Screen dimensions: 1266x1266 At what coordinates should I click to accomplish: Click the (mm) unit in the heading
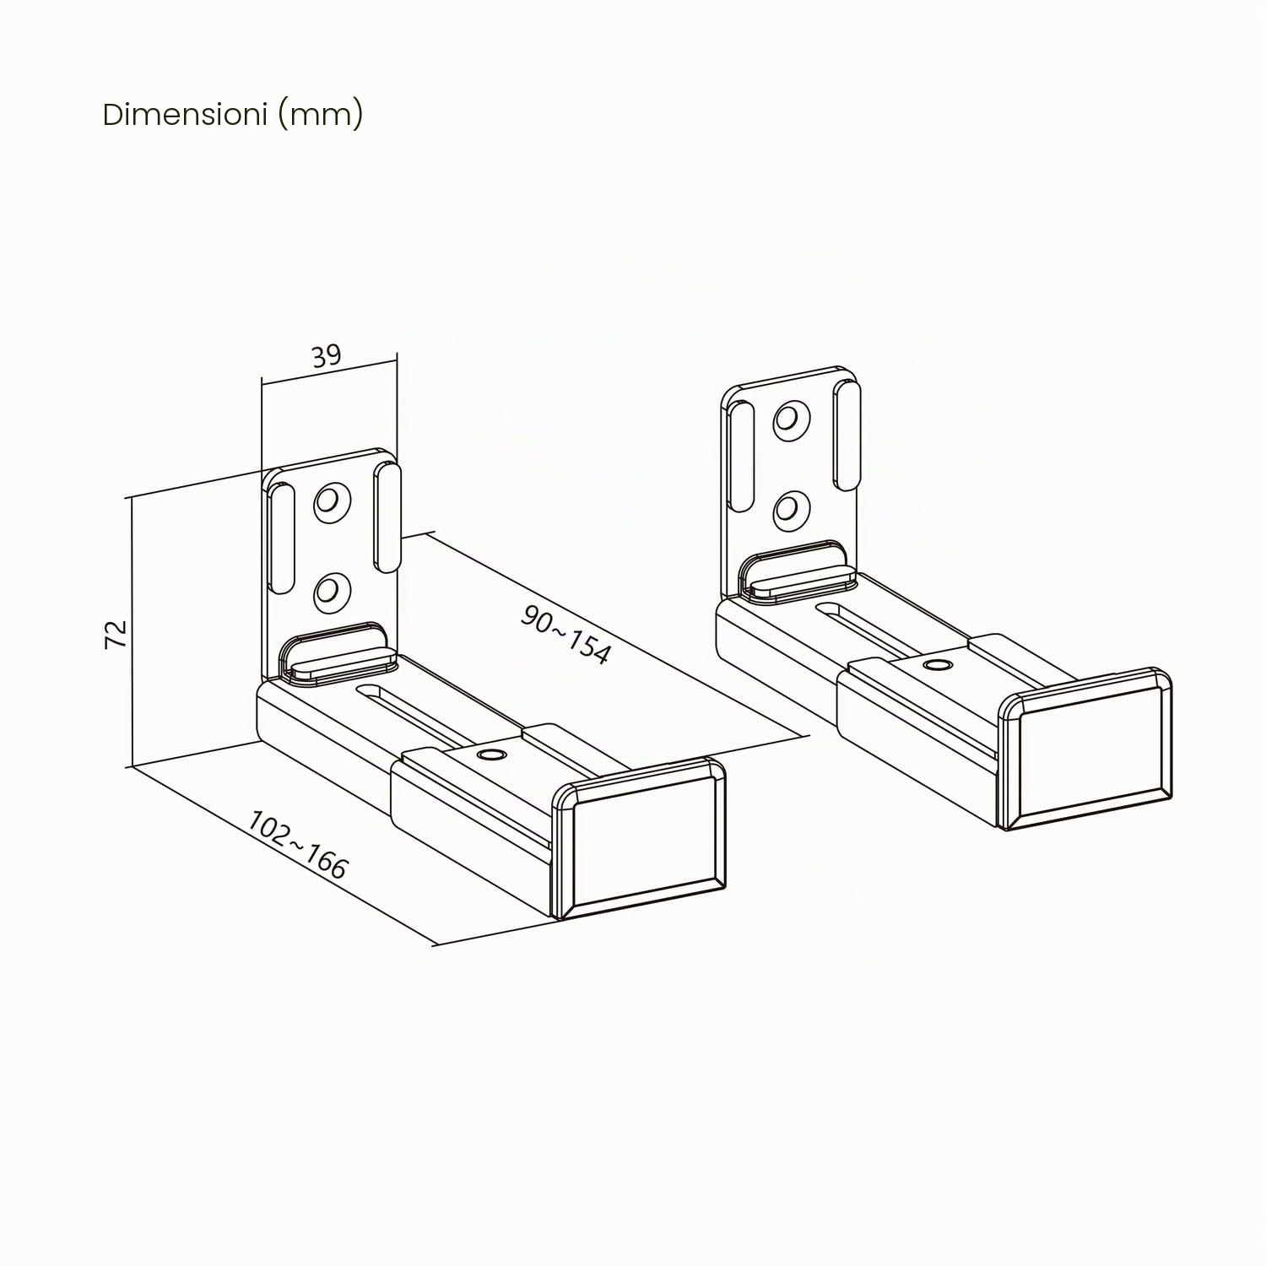point(320,114)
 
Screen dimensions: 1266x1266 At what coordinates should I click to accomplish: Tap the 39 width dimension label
point(326,356)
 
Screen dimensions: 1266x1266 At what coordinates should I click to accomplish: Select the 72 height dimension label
point(116,633)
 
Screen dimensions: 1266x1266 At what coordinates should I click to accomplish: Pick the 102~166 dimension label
point(297,845)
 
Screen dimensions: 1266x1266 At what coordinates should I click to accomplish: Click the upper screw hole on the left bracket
point(332,503)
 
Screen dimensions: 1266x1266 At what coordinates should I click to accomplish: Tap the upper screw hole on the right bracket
point(793,420)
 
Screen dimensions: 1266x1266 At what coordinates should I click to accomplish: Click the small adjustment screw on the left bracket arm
point(487,753)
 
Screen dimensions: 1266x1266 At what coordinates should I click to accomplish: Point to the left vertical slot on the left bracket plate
point(282,538)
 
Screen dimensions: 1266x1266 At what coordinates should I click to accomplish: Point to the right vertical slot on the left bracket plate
point(389,517)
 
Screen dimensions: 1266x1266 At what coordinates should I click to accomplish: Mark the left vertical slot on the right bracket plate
point(741,457)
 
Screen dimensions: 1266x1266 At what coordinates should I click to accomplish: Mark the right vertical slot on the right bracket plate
point(848,436)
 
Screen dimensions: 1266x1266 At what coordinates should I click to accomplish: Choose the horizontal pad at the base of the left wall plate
point(338,652)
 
